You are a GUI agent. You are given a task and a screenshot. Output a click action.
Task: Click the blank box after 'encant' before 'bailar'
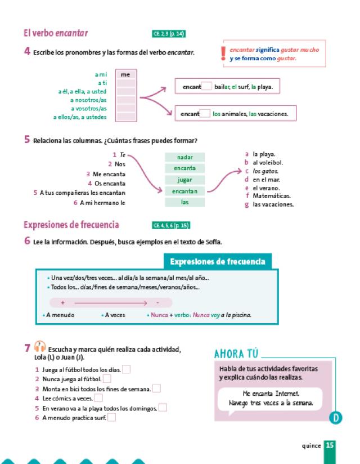click(206, 87)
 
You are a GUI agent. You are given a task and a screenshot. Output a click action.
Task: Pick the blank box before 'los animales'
click(206, 113)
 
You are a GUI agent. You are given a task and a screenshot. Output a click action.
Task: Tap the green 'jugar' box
click(184, 180)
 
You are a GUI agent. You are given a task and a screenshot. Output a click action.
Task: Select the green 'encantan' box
click(184, 191)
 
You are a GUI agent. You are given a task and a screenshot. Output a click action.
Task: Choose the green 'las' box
click(184, 202)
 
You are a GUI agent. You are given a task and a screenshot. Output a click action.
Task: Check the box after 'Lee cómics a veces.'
click(98, 398)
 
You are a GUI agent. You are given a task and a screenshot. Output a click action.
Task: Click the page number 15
click(329, 445)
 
